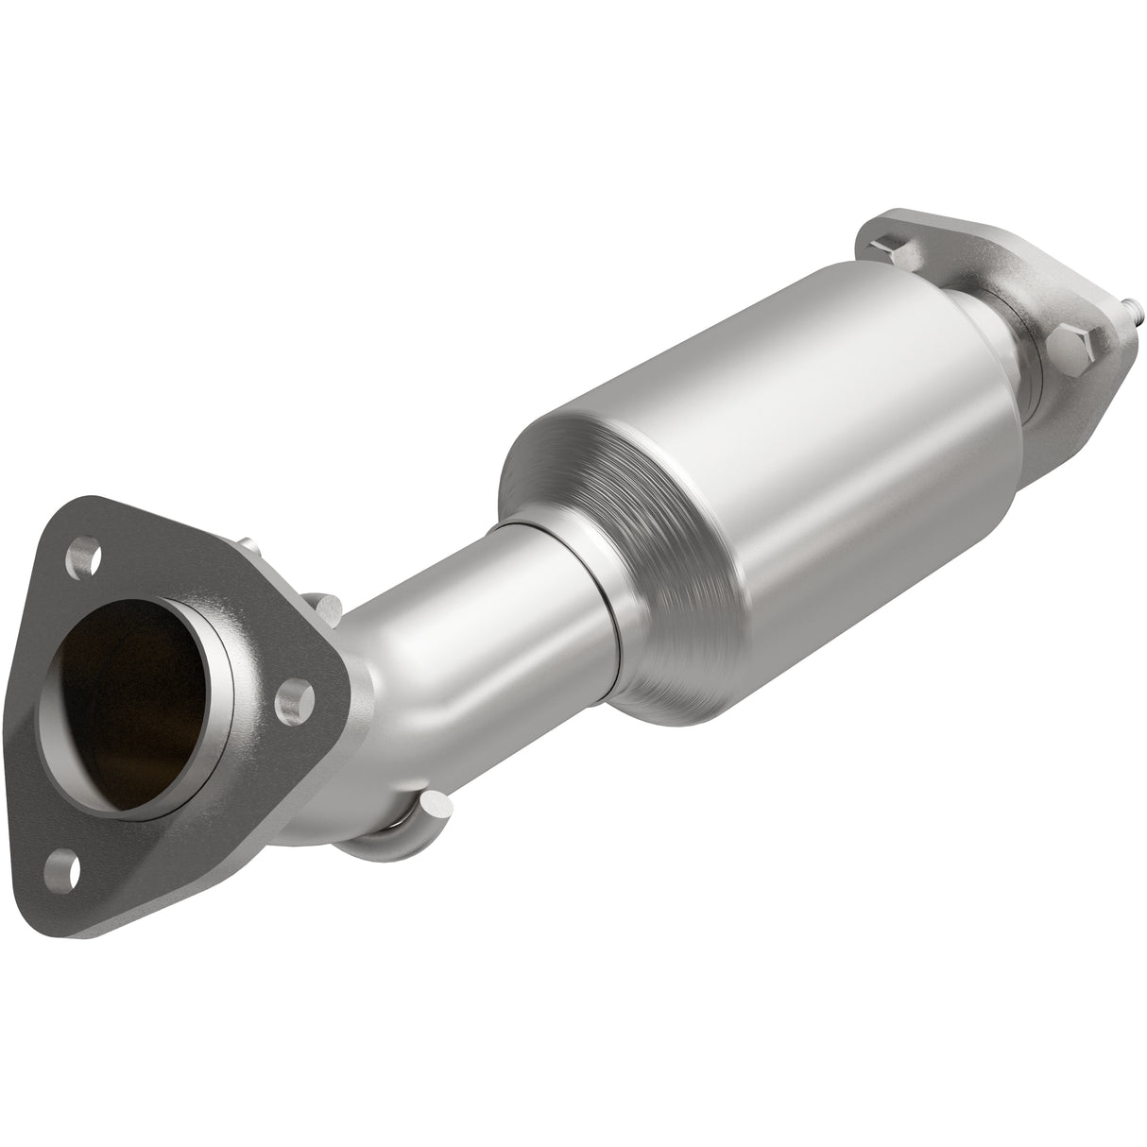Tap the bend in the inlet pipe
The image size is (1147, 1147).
406,680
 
